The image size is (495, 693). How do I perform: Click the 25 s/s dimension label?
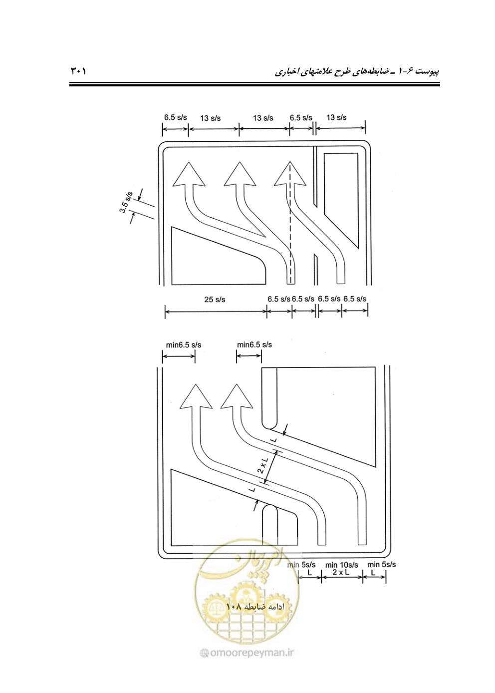(215, 300)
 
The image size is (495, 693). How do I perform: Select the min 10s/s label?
(341, 565)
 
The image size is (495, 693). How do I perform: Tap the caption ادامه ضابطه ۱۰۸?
(255, 615)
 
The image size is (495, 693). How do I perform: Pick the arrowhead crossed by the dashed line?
(290, 174)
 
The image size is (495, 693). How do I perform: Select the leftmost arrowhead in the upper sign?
(189, 174)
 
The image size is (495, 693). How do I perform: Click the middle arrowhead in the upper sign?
(240, 174)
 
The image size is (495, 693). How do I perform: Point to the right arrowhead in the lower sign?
(237, 396)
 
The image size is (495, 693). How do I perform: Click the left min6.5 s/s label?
(184, 345)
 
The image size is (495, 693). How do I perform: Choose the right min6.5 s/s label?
(254, 345)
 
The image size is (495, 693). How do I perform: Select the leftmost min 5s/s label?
(301, 565)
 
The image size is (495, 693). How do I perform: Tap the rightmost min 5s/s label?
(382, 564)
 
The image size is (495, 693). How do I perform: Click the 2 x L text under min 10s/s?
(341, 572)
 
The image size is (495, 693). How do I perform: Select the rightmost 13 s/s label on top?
(336, 117)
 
